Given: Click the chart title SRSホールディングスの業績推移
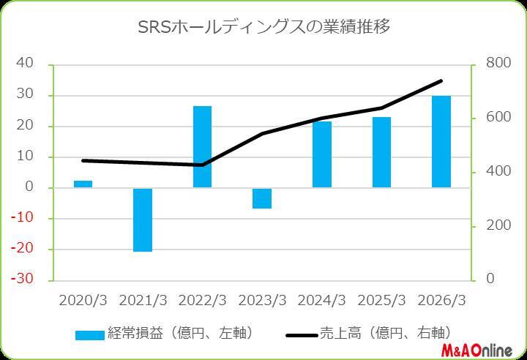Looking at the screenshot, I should tap(263, 27).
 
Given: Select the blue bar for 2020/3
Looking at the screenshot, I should tap(83, 184).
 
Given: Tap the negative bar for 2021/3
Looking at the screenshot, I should tap(143, 220).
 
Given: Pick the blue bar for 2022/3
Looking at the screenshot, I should tap(202, 146).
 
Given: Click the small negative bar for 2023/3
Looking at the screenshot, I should tap(262, 198).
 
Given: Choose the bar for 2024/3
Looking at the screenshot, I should tap(321, 154).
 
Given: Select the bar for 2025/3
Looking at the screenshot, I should tap(381, 152).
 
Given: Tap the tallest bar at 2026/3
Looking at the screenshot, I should tap(441, 141).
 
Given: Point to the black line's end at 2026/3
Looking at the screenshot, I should tap(441, 80).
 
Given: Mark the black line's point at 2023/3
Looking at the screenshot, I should tap(262, 134).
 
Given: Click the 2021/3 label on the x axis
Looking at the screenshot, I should tap(143, 301).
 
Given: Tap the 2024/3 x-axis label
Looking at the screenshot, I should tap(321, 301).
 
